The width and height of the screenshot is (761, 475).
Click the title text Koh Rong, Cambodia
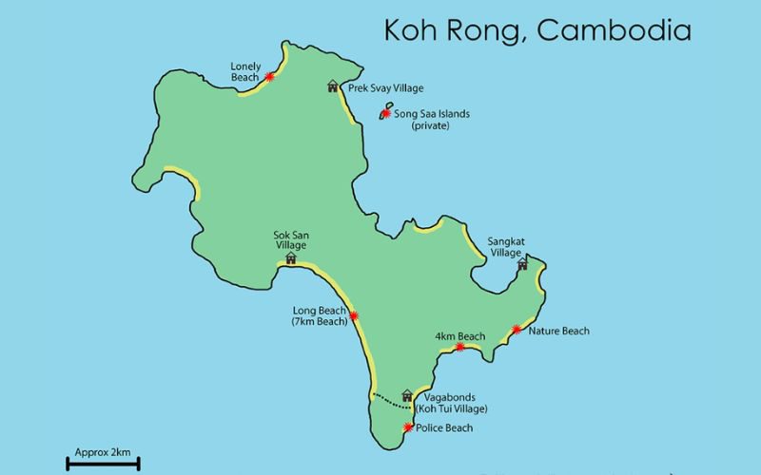coord(537,29)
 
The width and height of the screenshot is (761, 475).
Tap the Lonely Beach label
coord(245,71)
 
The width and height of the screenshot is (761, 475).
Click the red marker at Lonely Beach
coord(270,76)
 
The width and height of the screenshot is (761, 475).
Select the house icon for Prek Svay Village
coord(332,86)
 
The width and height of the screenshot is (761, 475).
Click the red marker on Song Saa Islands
coord(386,113)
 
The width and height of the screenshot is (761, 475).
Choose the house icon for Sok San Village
coord(291,256)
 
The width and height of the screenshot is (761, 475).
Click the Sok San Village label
coord(291,238)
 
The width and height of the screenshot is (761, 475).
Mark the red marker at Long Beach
coord(354,316)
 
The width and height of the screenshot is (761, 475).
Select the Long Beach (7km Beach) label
coord(320,316)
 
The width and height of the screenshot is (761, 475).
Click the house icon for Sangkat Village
coord(522,265)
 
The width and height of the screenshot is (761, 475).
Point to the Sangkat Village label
coord(505,247)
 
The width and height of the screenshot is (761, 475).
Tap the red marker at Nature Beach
coord(516,330)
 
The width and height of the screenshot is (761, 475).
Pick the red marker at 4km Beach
coord(460,347)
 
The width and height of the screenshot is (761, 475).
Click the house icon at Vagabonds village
coord(407,394)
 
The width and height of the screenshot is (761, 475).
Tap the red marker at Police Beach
coord(408,427)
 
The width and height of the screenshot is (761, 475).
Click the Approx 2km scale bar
coord(103,464)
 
